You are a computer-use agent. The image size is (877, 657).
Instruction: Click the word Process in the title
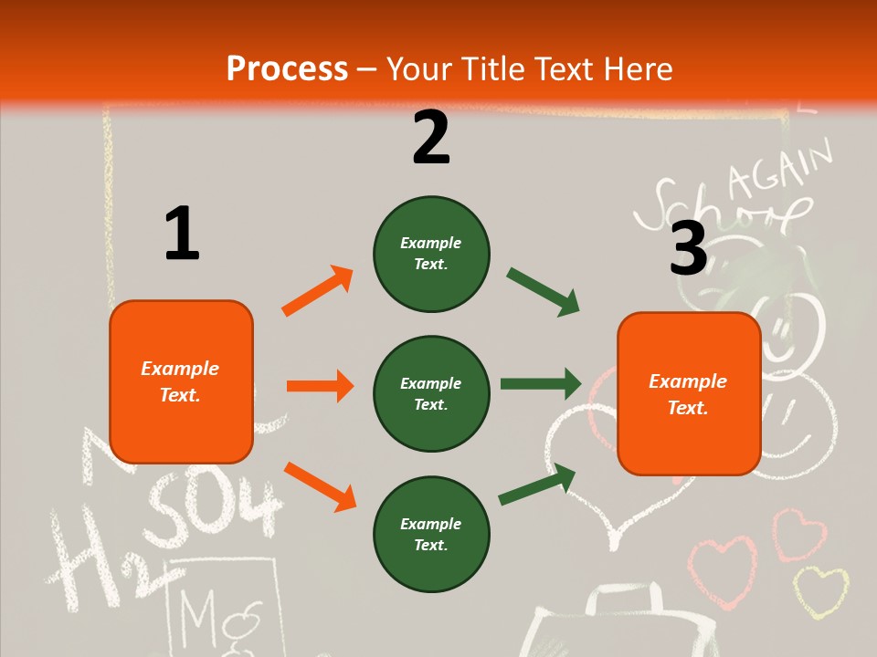tap(287, 69)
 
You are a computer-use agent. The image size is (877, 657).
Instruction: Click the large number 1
tap(182, 234)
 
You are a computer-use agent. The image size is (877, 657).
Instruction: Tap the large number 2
tap(431, 138)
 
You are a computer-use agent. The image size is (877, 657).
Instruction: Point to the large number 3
tap(689, 248)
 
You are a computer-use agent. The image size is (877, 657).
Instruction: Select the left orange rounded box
tap(181, 381)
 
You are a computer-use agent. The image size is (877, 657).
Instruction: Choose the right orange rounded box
tap(689, 393)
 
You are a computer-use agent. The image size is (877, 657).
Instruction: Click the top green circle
tap(431, 254)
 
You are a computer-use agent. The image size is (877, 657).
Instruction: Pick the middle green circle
tap(431, 393)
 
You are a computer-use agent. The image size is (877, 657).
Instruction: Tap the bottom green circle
tap(431, 534)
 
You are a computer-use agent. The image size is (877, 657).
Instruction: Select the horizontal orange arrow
tap(320, 386)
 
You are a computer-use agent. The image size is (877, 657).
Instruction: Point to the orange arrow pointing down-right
tap(320, 486)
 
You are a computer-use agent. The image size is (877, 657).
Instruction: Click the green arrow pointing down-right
tap(544, 292)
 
